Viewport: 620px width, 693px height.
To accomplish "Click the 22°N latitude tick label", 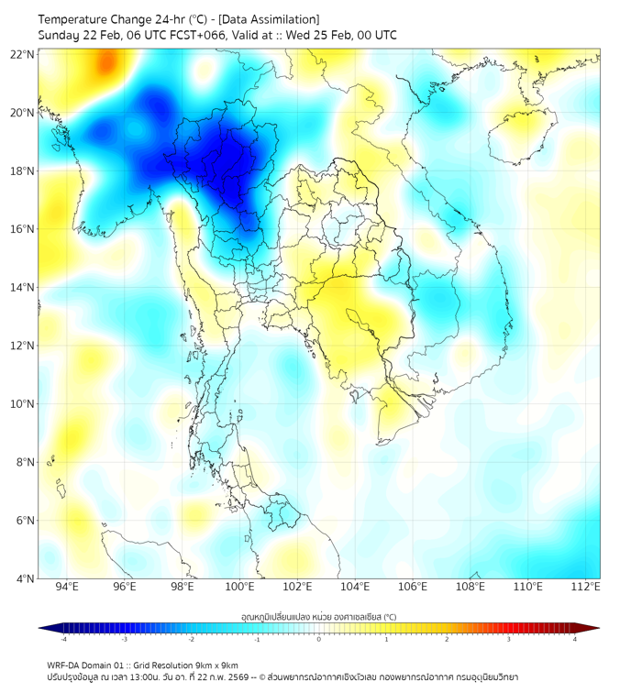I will tap(23, 54).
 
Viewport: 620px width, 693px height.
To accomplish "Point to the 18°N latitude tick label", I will tap(23, 170).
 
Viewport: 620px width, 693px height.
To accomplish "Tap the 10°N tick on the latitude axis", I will tap(23, 403).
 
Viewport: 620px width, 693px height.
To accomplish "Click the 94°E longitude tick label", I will tap(67, 587).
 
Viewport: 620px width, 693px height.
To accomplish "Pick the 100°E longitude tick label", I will tap(239, 587).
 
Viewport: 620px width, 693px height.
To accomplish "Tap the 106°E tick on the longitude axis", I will tap(413, 587).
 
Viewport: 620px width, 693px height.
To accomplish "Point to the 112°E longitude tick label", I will tap(585, 587).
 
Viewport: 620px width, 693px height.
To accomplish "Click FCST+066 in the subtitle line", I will tap(193, 35).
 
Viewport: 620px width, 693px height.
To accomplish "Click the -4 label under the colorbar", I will tap(63, 639).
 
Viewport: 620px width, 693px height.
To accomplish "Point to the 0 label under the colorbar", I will tap(319, 639).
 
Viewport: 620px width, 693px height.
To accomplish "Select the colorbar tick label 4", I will tap(575, 639).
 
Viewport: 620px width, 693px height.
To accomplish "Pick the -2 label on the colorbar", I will tap(191, 639).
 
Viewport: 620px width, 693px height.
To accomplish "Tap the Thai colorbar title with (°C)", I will tap(319, 616).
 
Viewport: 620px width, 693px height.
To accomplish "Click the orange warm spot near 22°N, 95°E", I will tap(109, 62).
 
